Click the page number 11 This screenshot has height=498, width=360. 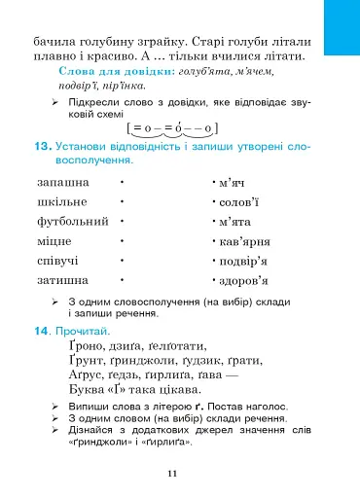(x=171, y=473)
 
